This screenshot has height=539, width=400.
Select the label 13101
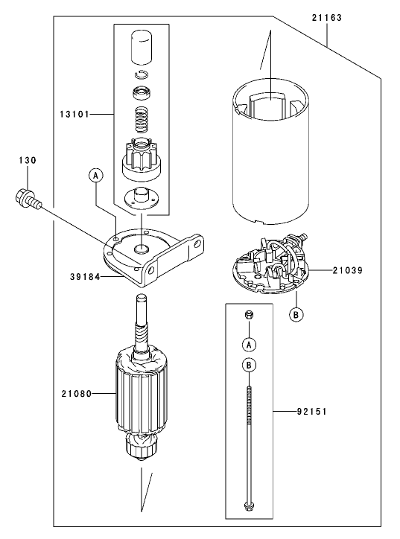(76, 115)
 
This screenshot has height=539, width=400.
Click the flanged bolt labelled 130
(25, 197)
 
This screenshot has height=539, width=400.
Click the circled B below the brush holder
(296, 314)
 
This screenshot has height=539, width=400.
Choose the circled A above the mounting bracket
(95, 175)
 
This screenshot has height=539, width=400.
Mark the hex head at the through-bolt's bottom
(248, 510)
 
